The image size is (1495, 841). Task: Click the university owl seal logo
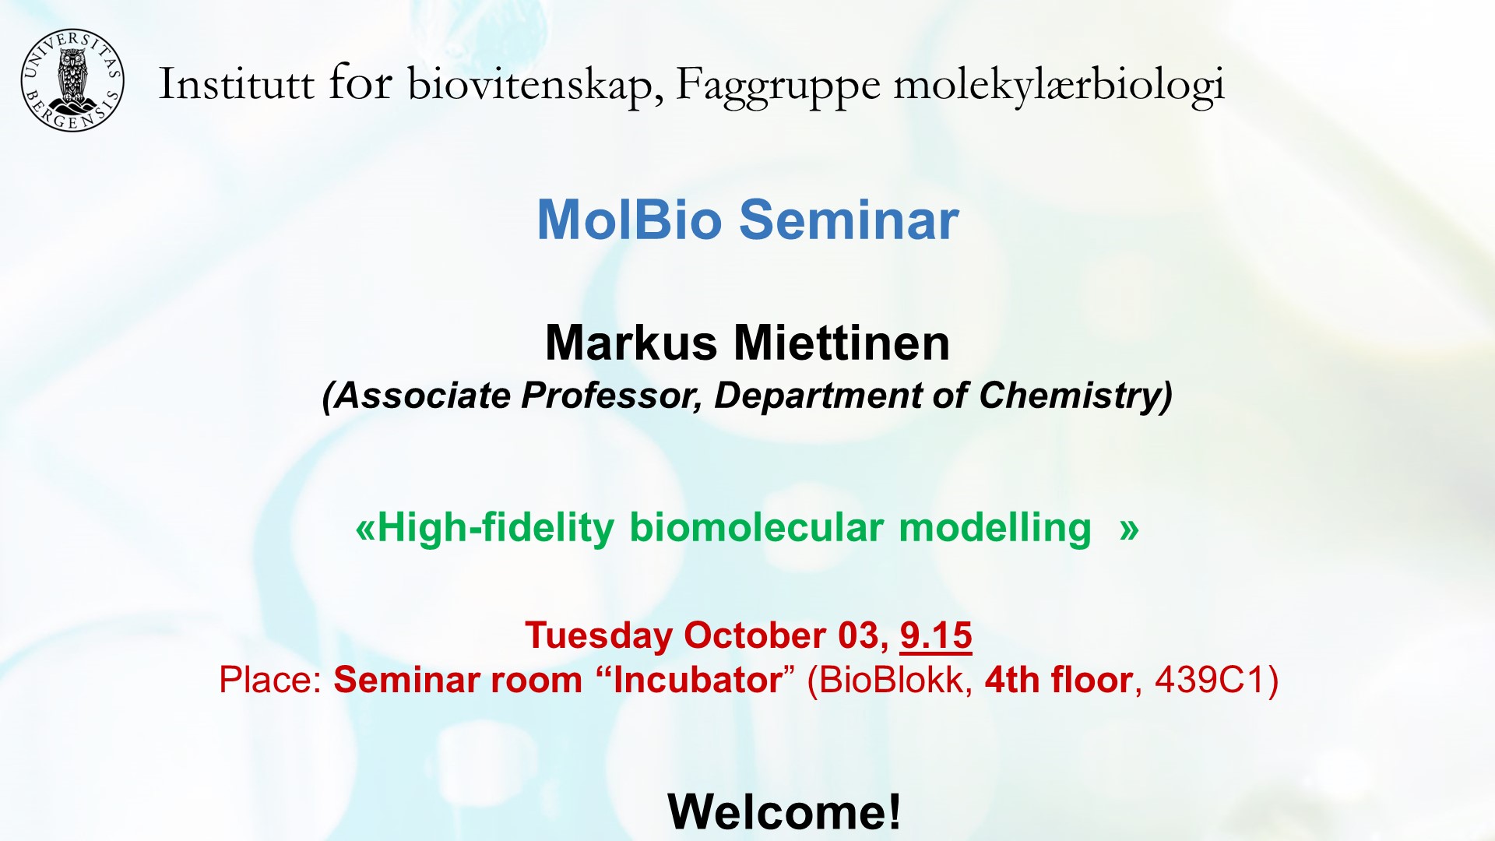point(72,81)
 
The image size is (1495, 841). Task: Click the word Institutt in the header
point(236,84)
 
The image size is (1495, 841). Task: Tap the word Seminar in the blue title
point(849,220)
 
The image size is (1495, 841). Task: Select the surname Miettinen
point(842,343)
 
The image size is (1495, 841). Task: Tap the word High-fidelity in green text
point(495,528)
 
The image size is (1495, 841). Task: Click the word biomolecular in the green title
point(756,528)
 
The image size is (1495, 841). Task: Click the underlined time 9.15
point(935,635)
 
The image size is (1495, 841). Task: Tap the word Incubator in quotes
point(697,680)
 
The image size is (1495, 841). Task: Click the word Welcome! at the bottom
point(784,811)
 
